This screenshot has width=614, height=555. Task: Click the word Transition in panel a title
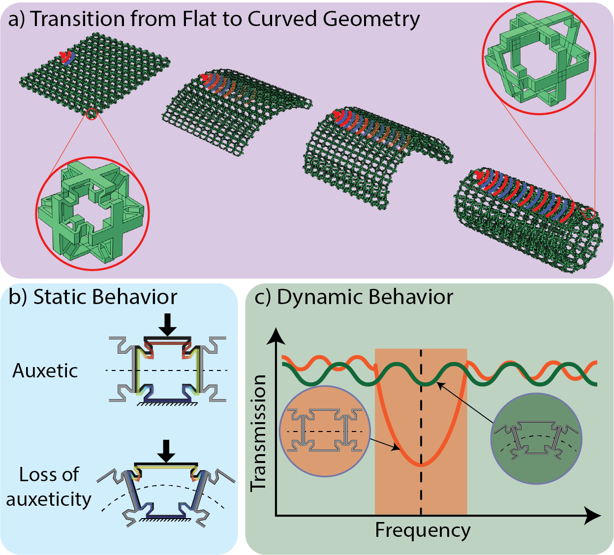tap(77, 19)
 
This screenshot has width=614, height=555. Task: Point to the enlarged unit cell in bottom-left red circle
tap(92, 214)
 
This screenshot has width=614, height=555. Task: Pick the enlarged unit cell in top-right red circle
tap(539, 59)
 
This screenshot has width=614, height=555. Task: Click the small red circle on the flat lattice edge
tap(92, 114)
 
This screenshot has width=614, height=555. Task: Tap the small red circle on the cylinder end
tap(589, 214)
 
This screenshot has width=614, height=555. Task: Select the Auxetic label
tap(45, 371)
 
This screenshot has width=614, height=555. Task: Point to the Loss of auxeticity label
tap(49, 487)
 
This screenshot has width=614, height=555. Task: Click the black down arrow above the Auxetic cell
tap(168, 324)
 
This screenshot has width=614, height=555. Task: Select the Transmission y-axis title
tap(259, 432)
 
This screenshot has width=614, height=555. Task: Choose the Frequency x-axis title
tap(423, 530)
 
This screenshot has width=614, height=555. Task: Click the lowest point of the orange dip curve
tap(421, 464)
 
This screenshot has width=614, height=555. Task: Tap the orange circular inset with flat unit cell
tap(325, 431)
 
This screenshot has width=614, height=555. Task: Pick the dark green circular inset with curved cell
tap(536, 438)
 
